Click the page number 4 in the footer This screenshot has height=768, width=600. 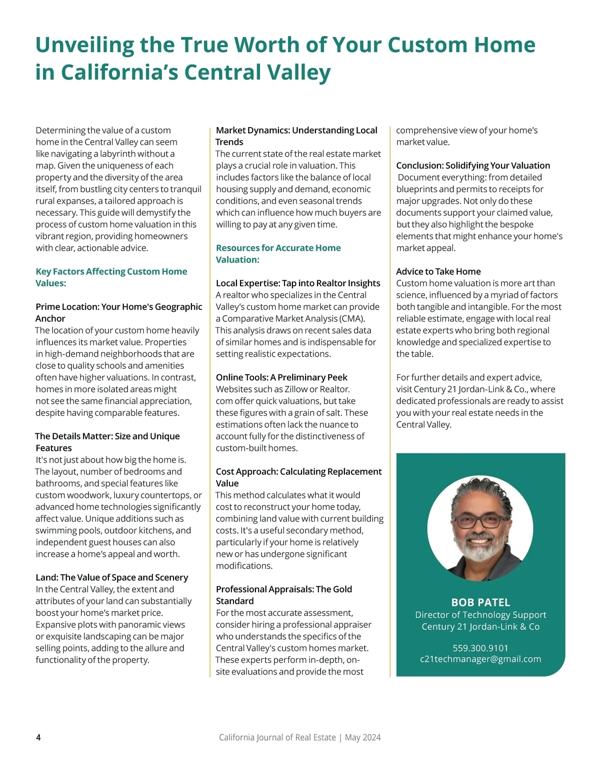[38, 737]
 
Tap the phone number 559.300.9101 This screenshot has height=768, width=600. [480, 648]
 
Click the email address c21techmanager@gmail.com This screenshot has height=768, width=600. [480, 659]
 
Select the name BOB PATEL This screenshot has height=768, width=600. [480, 602]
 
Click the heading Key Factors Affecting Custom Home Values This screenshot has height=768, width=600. [111, 277]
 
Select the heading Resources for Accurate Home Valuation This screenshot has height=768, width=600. [278, 254]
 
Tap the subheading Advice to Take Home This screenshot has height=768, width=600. [438, 271]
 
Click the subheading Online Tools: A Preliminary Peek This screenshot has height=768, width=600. [281, 377]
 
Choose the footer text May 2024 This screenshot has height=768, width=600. [362, 737]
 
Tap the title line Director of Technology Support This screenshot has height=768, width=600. [480, 614]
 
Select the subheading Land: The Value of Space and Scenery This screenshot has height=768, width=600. [111, 577]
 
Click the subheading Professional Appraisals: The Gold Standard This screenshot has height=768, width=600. [283, 595]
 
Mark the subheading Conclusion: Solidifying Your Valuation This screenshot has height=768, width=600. [473, 165]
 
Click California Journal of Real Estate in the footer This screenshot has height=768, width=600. [277, 737]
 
